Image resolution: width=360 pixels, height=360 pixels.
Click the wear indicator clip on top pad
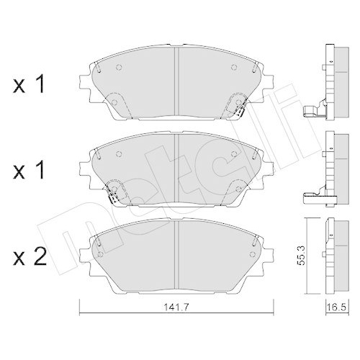(235, 108)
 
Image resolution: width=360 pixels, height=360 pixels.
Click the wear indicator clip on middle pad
(114, 192)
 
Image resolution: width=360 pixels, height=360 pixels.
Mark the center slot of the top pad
(177, 79)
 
